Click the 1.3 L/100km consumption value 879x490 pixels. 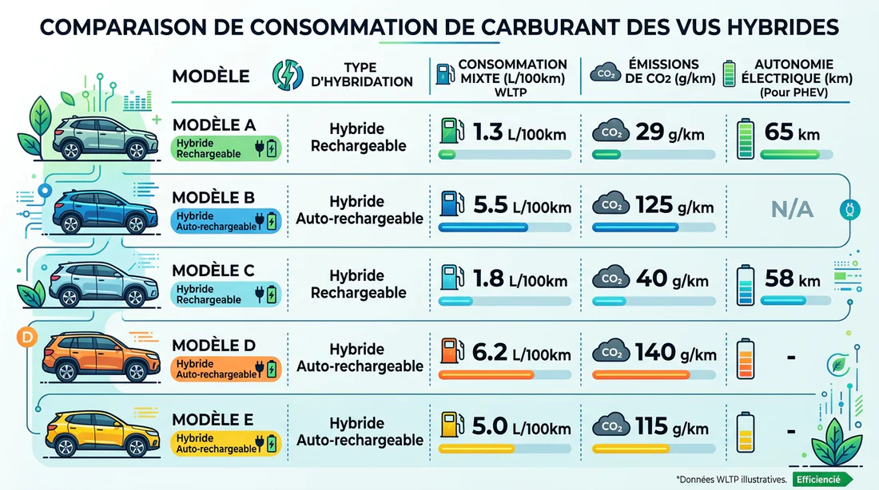[x=519, y=132]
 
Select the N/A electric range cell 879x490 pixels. [x=791, y=210]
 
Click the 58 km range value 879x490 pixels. [x=792, y=279]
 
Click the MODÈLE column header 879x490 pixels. [x=211, y=77]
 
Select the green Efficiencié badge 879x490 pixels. [x=818, y=479]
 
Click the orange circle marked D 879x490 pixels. [x=27, y=338]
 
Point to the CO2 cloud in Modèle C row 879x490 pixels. [x=610, y=279]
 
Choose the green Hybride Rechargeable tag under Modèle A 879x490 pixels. [x=226, y=148]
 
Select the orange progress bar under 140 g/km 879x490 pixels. [x=642, y=374]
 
